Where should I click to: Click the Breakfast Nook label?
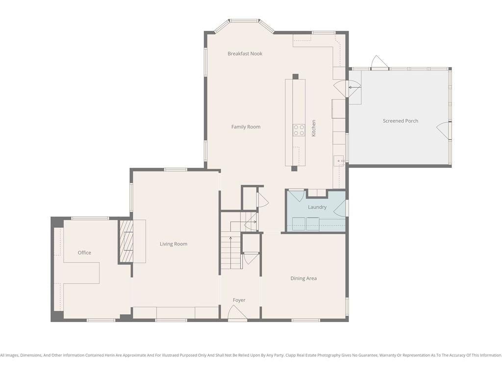tap(245, 54)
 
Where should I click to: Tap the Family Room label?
tap(246, 127)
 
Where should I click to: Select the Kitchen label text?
tap(314, 128)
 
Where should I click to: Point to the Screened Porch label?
tap(401, 121)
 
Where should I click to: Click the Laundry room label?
tap(317, 207)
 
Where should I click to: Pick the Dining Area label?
tap(303, 278)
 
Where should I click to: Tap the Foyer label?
tap(239, 300)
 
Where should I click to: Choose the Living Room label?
tap(174, 244)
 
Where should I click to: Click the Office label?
tap(84, 253)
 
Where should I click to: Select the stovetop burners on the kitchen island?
tap(299, 130)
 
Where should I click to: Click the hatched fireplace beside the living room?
tap(126, 241)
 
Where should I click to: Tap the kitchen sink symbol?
tap(339, 161)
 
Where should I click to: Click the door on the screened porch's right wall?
tap(443, 130)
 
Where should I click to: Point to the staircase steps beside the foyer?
tap(230, 253)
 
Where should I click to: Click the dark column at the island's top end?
tap(295, 77)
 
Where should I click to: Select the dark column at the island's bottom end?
tap(294, 169)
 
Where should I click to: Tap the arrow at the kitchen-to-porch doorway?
tap(354, 87)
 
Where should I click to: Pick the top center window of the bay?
tap(245, 21)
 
